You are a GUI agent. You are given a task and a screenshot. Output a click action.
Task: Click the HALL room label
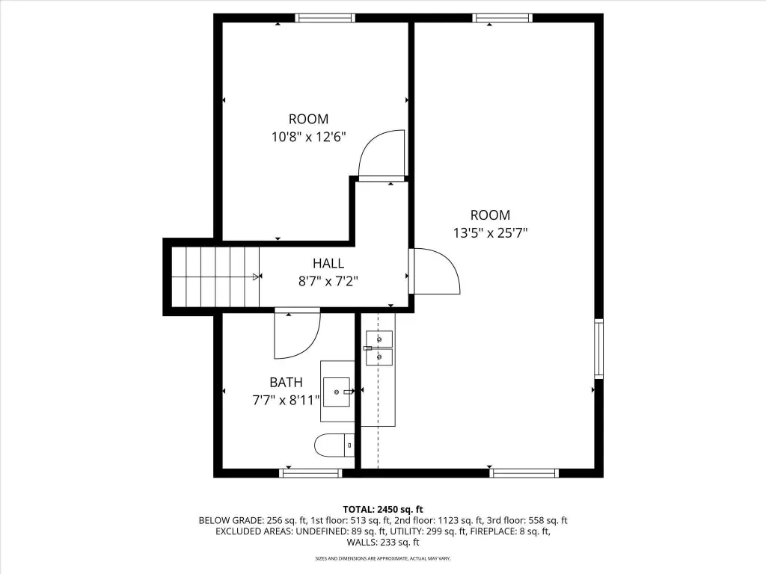328,264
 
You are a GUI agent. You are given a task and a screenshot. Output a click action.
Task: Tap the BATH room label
287,382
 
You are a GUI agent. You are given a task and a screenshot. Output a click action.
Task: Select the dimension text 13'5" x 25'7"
491,233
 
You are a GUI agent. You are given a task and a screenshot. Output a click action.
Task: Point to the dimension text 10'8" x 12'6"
309,137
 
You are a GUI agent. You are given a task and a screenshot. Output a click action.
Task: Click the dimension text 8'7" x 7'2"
328,281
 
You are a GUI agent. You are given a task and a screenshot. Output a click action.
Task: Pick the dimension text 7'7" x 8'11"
287,401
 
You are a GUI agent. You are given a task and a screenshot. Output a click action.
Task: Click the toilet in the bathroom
334,445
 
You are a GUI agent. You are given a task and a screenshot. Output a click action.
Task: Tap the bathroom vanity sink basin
337,392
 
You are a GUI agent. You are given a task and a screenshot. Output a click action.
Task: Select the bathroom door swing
298,333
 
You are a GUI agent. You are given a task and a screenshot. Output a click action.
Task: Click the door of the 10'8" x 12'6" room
382,155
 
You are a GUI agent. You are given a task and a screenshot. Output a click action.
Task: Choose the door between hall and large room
435,271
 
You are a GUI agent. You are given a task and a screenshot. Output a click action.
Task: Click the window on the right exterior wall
598,348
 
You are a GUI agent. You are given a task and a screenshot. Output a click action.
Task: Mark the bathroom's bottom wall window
310,472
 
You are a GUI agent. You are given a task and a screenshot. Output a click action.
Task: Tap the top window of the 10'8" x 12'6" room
325,18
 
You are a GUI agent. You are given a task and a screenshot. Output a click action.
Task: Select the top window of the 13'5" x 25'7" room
502,18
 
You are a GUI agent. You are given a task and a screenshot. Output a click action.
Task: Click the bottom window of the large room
524,472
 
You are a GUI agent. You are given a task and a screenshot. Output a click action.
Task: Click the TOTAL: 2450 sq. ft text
383,510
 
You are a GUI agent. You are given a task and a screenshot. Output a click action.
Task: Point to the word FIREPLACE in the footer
492,531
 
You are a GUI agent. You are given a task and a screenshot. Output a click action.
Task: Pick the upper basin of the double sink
379,339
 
